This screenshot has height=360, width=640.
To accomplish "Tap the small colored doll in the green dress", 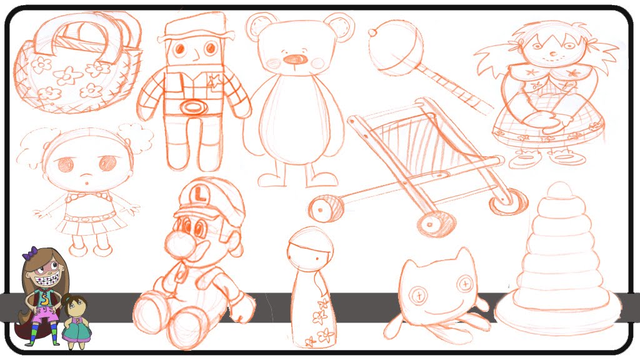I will pos(76,321).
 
